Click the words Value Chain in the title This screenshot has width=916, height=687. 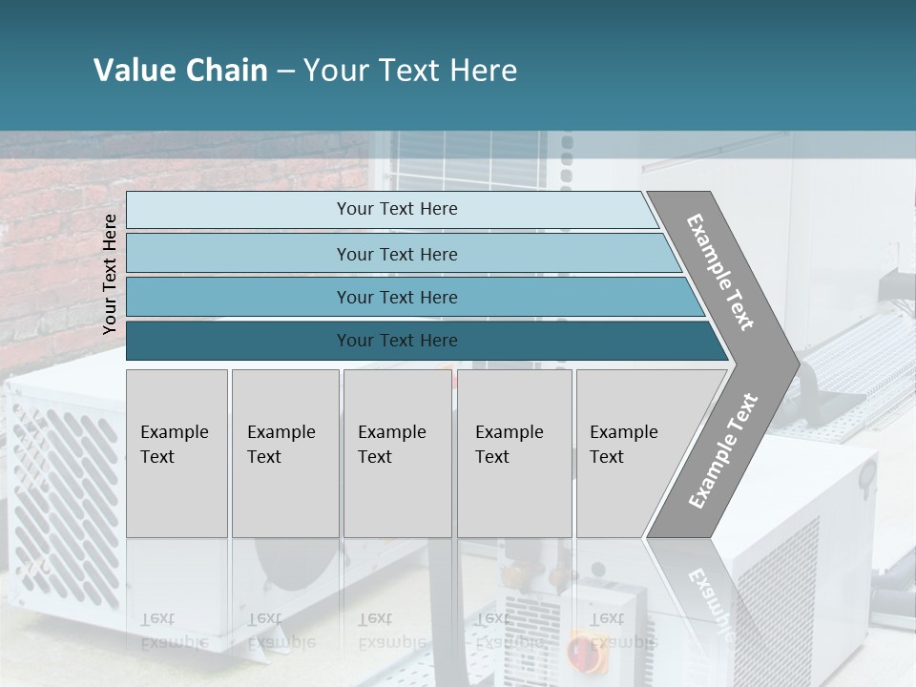pos(180,71)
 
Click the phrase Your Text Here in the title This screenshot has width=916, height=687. pos(410,71)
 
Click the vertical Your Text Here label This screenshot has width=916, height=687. pos(110,274)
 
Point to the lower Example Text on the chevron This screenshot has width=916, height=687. pos(723,450)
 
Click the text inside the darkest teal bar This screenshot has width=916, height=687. pos(397,341)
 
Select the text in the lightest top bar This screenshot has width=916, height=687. pos(397,209)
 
